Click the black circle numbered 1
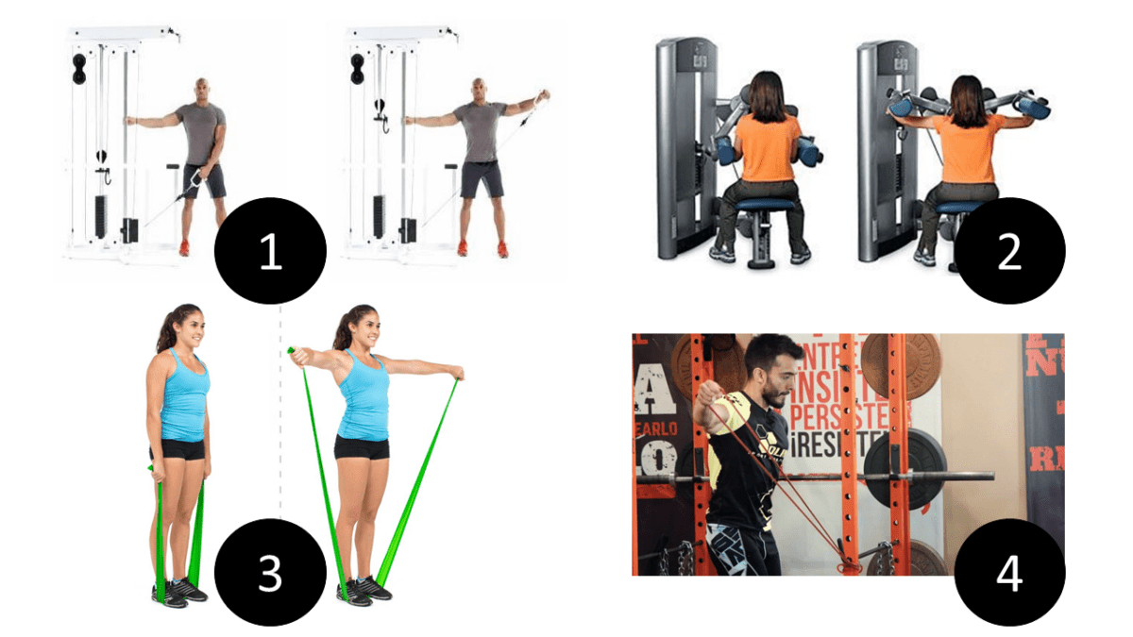(271, 252)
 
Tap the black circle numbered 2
(1009, 252)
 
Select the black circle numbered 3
(271, 573)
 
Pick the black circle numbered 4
(1009, 573)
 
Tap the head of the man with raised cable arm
(482, 92)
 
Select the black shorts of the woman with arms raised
(362, 447)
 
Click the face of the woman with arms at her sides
(190, 330)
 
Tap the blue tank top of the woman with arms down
(183, 396)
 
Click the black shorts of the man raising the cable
(480, 178)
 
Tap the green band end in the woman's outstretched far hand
(458, 376)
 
